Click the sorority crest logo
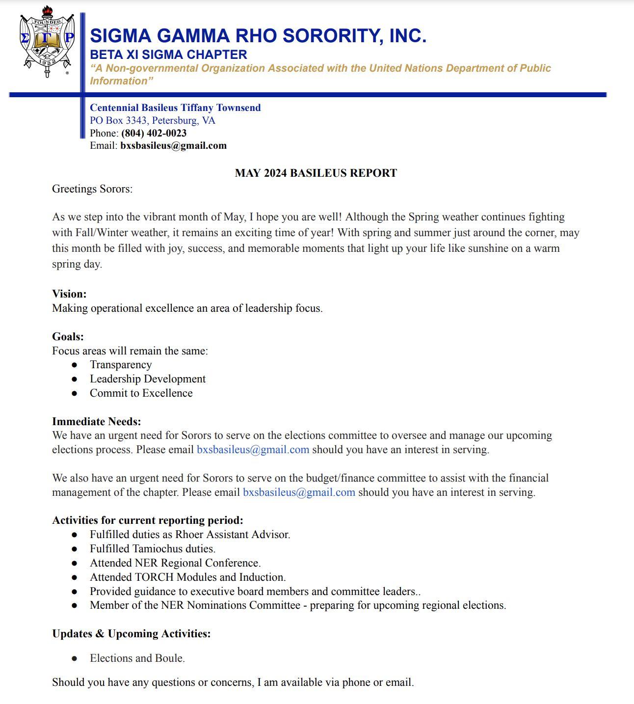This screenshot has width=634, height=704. click(47, 42)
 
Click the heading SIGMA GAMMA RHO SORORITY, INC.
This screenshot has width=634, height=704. click(258, 36)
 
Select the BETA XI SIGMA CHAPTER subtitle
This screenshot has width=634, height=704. click(168, 54)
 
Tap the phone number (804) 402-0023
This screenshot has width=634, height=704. click(154, 133)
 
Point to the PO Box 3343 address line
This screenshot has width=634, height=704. click(152, 120)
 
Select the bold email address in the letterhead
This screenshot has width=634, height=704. click(173, 145)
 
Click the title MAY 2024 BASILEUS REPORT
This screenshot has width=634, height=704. click(316, 173)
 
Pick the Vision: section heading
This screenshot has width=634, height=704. click(69, 294)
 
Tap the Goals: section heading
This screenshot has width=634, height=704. click(68, 336)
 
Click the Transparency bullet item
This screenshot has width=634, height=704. click(121, 365)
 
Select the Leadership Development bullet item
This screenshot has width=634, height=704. click(147, 379)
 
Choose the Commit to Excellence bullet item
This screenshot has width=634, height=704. click(141, 393)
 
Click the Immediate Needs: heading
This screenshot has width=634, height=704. click(96, 421)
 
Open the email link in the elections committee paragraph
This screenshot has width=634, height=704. click(253, 450)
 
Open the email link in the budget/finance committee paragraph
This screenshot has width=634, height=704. click(299, 492)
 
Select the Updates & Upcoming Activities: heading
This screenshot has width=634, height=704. click(131, 634)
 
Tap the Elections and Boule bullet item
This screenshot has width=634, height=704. click(137, 658)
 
